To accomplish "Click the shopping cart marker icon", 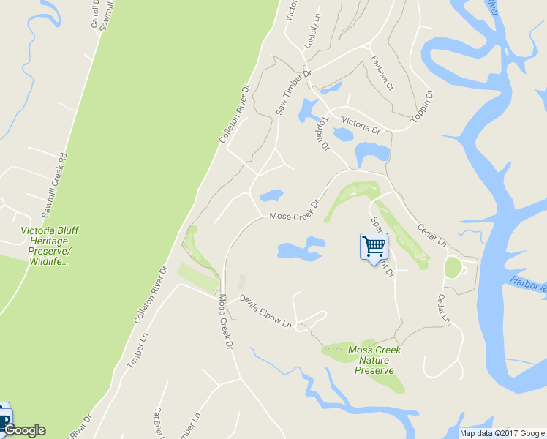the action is click(x=374, y=246).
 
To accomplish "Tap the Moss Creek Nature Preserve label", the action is click(x=374, y=360).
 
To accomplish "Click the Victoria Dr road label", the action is click(x=361, y=125).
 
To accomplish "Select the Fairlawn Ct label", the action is click(x=382, y=73).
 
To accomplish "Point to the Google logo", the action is click(x=23, y=430).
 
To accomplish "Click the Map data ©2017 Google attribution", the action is click(x=503, y=433).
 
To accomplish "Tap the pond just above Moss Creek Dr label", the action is click(x=271, y=195).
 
